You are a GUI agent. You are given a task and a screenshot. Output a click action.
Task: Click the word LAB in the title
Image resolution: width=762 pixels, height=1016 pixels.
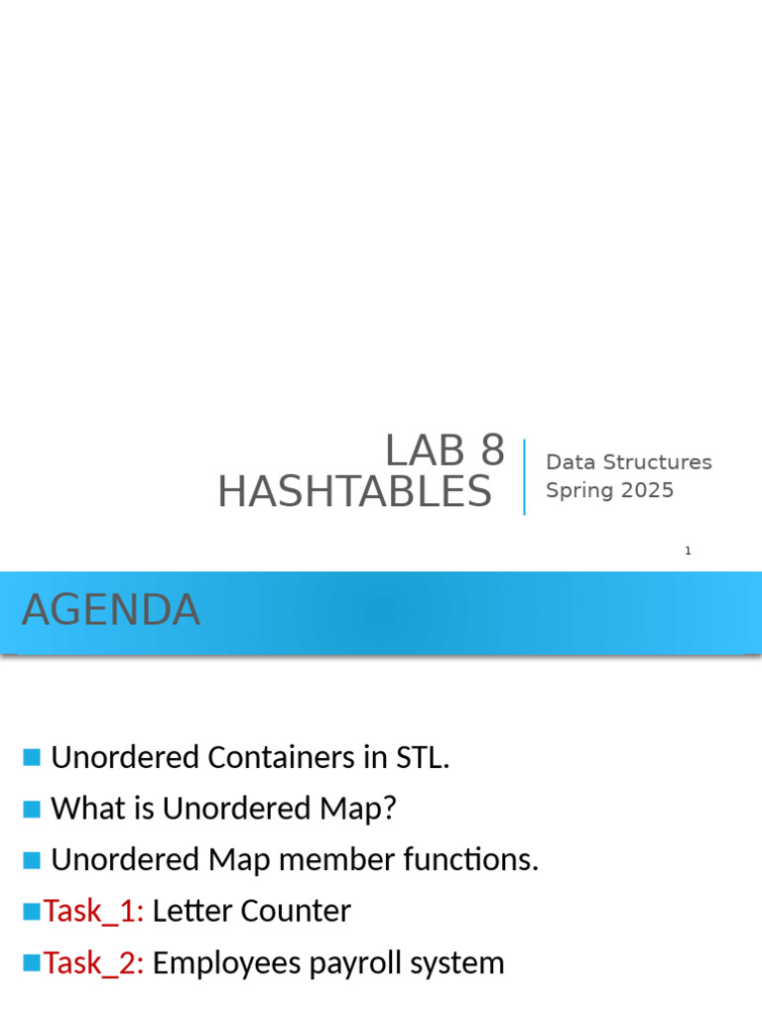click(426, 452)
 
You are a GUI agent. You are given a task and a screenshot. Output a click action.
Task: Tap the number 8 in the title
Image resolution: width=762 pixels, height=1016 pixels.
click(492, 452)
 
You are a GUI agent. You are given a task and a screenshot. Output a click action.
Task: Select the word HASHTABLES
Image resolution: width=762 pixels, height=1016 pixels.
click(354, 492)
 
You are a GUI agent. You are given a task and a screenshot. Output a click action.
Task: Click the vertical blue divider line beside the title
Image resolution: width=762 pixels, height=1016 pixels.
click(524, 477)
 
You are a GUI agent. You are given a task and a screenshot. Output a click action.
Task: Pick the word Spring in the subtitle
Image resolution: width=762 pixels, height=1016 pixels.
click(579, 491)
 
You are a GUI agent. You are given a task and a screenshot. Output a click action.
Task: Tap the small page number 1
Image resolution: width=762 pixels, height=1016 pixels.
click(688, 551)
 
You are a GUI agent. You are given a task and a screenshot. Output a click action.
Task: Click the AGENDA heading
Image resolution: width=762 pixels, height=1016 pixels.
click(111, 610)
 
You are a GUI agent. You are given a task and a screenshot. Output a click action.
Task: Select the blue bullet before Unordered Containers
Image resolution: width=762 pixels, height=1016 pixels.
click(32, 758)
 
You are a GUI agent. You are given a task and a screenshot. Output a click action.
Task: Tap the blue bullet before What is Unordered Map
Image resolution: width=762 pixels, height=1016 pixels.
click(32, 809)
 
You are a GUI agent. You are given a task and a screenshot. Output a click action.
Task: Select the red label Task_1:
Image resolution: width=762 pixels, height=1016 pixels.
click(93, 912)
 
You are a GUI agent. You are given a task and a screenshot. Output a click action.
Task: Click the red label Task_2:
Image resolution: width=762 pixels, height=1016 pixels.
click(93, 963)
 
